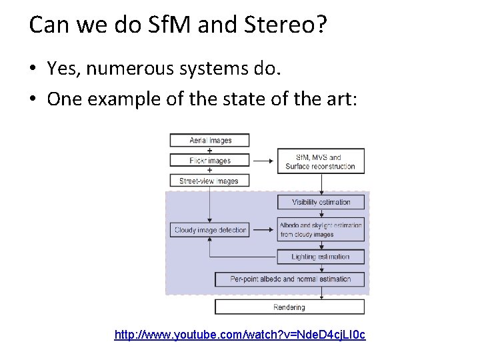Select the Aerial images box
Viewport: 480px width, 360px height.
click(x=209, y=140)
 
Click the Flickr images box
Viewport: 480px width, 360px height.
click(x=209, y=160)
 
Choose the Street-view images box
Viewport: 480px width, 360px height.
click(x=209, y=181)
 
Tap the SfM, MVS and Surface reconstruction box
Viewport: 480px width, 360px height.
click(x=321, y=162)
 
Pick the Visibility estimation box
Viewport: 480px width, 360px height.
click(x=321, y=202)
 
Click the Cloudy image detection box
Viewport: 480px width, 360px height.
click(x=210, y=230)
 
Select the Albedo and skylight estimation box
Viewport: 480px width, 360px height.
click(x=321, y=230)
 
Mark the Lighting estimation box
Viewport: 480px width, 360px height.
click(x=321, y=257)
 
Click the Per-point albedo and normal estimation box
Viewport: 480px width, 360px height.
click(x=290, y=279)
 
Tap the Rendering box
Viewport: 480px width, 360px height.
click(x=289, y=307)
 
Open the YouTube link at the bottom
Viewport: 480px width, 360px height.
click(x=240, y=334)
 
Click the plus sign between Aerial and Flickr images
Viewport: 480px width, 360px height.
click(x=209, y=150)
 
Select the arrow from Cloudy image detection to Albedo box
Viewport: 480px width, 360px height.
click(x=263, y=230)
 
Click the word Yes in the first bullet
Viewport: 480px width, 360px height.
click(x=61, y=68)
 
